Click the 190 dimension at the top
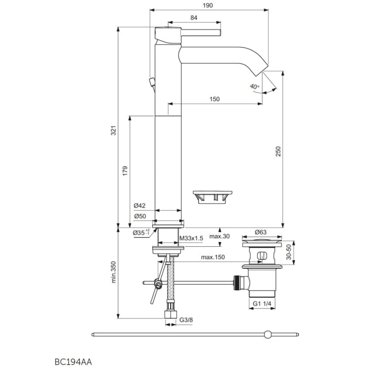point(208,6)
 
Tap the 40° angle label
point(255,86)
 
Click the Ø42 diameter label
point(139,206)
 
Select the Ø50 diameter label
point(139,216)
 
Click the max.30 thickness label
point(220,237)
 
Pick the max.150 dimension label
point(212,257)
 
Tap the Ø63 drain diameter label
point(261,232)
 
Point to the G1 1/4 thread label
point(262,304)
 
